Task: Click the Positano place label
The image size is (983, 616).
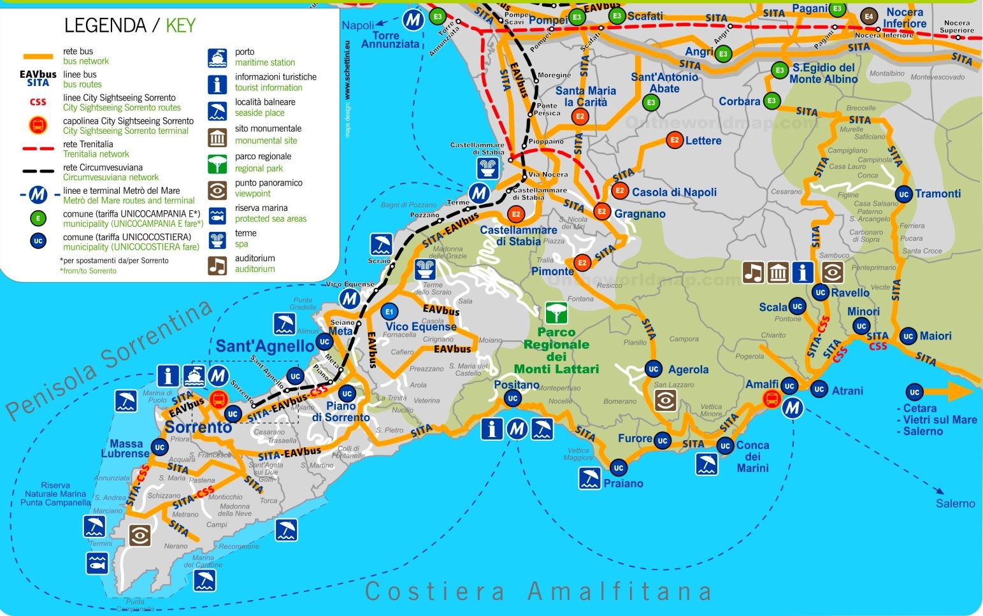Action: pos(516,385)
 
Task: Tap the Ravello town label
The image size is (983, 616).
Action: pos(850,292)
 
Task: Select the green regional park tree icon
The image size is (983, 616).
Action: pos(556,313)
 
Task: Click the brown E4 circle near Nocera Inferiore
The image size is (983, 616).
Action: pos(868,16)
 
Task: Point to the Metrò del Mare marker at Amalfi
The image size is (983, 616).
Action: pos(793,408)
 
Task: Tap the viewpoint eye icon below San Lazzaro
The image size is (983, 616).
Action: pos(664,401)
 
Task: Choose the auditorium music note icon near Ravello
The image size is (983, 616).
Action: pos(753,273)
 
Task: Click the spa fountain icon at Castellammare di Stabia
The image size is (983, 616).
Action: pos(488,168)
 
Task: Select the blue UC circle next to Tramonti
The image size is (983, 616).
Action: pos(903,194)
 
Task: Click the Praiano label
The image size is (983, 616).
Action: pos(623,483)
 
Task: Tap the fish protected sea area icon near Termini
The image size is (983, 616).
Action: pos(97,563)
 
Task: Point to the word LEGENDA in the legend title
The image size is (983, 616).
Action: pos(105,25)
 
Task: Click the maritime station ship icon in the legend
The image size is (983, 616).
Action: pos(217,58)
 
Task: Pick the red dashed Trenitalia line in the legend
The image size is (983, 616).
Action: pos(38,149)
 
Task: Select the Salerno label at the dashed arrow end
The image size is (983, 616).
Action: pos(955,503)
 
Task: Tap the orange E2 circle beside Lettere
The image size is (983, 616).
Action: pos(674,140)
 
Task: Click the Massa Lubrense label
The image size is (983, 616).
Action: pos(125,448)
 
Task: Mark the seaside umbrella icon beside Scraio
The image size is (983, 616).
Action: pos(381,245)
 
